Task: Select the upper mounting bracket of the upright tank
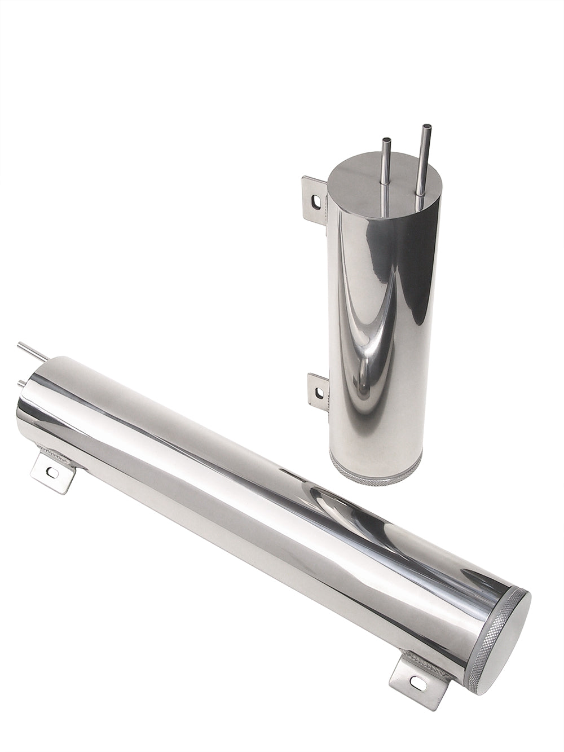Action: (314, 197)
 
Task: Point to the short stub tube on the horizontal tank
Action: (23, 384)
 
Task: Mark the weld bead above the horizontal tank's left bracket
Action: (56, 451)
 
